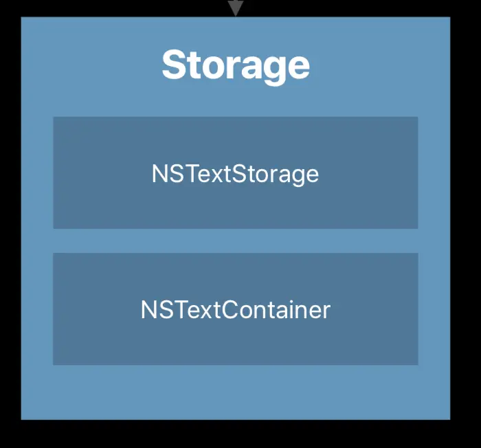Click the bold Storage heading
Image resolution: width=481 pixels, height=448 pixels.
pyautogui.click(x=235, y=66)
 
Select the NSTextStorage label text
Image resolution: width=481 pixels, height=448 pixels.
pyautogui.click(x=235, y=174)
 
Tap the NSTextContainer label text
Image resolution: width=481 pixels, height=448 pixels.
pyautogui.click(x=235, y=310)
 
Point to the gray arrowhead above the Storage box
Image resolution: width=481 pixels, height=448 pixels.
pyautogui.click(x=236, y=8)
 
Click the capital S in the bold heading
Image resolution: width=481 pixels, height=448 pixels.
pyautogui.click(x=175, y=66)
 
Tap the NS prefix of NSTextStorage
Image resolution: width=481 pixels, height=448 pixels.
pyautogui.click(x=166, y=174)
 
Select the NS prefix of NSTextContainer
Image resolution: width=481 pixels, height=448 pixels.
pyautogui.click(x=155, y=310)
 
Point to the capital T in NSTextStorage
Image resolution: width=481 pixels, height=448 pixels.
pyautogui.click(x=188, y=174)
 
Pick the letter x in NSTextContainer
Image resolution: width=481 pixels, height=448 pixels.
pyautogui.click(x=205, y=311)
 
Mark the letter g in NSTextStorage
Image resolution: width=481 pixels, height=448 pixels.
pyautogui.click(x=295, y=177)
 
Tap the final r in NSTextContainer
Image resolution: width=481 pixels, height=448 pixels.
pyautogui.click(x=326, y=311)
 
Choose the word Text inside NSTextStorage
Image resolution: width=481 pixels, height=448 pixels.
pyautogui.click(x=205, y=174)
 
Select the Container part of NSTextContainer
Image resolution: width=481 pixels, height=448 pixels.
pyautogui.click(x=278, y=310)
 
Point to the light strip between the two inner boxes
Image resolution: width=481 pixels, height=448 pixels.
pyautogui.click(x=235, y=240)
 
